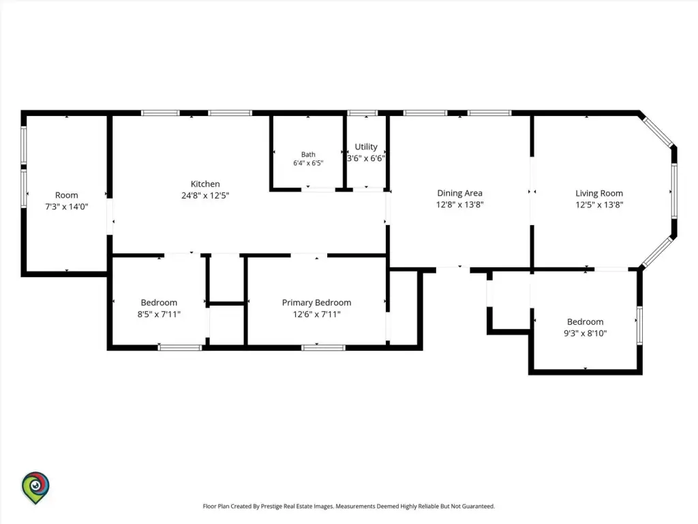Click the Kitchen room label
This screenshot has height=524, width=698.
[x=205, y=184]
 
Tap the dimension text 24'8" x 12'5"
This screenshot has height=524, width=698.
[x=205, y=196]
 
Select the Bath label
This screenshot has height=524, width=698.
[x=308, y=155]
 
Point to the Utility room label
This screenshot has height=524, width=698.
[x=366, y=147]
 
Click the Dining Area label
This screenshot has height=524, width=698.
[x=460, y=193]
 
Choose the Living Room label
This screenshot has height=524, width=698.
[x=599, y=193]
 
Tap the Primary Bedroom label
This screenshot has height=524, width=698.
[x=316, y=303]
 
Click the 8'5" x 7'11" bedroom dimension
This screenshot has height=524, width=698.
[x=159, y=314]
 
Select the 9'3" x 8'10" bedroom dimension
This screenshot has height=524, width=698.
[x=585, y=333]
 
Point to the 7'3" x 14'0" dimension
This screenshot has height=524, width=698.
[x=67, y=207]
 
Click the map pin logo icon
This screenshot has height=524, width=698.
[x=35, y=488]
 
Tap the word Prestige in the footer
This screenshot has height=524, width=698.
[x=271, y=506]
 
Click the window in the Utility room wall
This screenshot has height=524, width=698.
[x=363, y=113]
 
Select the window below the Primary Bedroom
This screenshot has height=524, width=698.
[x=323, y=348]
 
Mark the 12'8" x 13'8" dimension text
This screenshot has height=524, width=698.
[x=460, y=205]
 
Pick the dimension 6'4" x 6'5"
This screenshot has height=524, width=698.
[x=308, y=163]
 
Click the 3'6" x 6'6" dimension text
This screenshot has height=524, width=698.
[x=366, y=158]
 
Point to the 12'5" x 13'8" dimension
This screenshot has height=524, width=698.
[x=599, y=205]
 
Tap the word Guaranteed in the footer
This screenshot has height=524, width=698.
[x=478, y=506]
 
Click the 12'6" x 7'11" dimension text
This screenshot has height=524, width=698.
[x=316, y=315]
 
